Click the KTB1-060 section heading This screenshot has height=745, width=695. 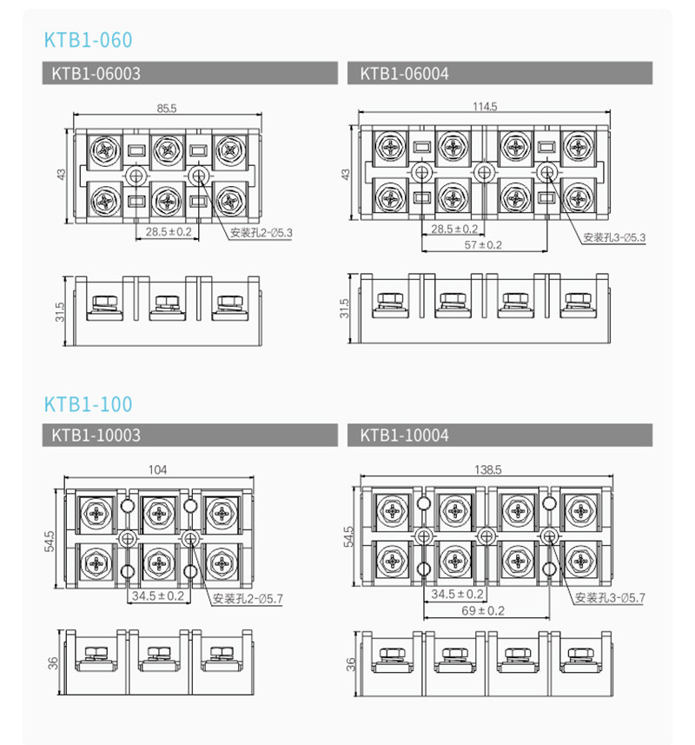(x=88, y=41)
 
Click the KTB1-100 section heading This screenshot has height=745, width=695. (x=88, y=404)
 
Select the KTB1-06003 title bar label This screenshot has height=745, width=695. (x=96, y=74)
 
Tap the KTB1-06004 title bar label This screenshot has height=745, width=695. (x=404, y=74)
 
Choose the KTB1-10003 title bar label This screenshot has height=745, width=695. (x=96, y=435)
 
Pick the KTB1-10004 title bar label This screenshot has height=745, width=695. (x=404, y=435)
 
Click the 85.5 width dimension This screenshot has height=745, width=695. (x=166, y=109)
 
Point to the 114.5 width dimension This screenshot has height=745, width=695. (x=484, y=107)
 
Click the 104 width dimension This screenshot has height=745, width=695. (x=158, y=470)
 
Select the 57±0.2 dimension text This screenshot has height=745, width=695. (x=484, y=245)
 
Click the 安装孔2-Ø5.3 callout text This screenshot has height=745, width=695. (x=263, y=233)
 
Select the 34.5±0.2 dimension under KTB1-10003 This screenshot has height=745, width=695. (x=157, y=596)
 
